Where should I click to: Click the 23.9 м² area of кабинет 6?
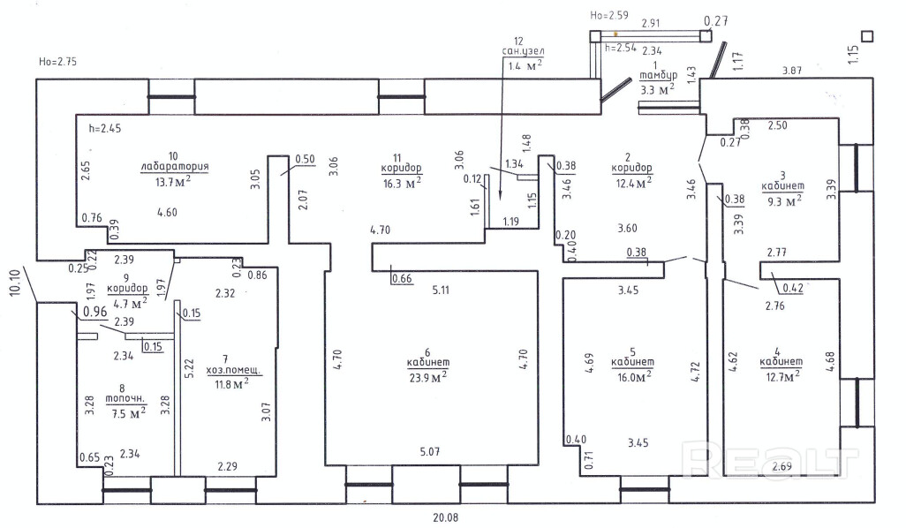[x=427, y=376]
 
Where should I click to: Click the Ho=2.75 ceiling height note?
[x=58, y=62]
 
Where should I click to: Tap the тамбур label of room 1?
[x=657, y=77]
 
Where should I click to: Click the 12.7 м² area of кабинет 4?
[x=781, y=375]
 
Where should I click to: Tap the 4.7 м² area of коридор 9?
[x=126, y=302]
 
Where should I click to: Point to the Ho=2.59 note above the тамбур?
[x=608, y=15]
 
